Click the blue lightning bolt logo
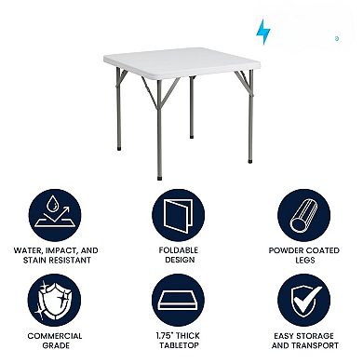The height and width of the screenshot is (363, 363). (x=263, y=32)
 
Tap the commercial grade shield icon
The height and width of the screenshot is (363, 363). (x=53, y=302)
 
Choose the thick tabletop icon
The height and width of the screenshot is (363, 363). (x=181, y=302)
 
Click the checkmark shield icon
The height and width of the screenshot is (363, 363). (x=305, y=302)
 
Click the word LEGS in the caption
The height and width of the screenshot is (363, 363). (x=305, y=260)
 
